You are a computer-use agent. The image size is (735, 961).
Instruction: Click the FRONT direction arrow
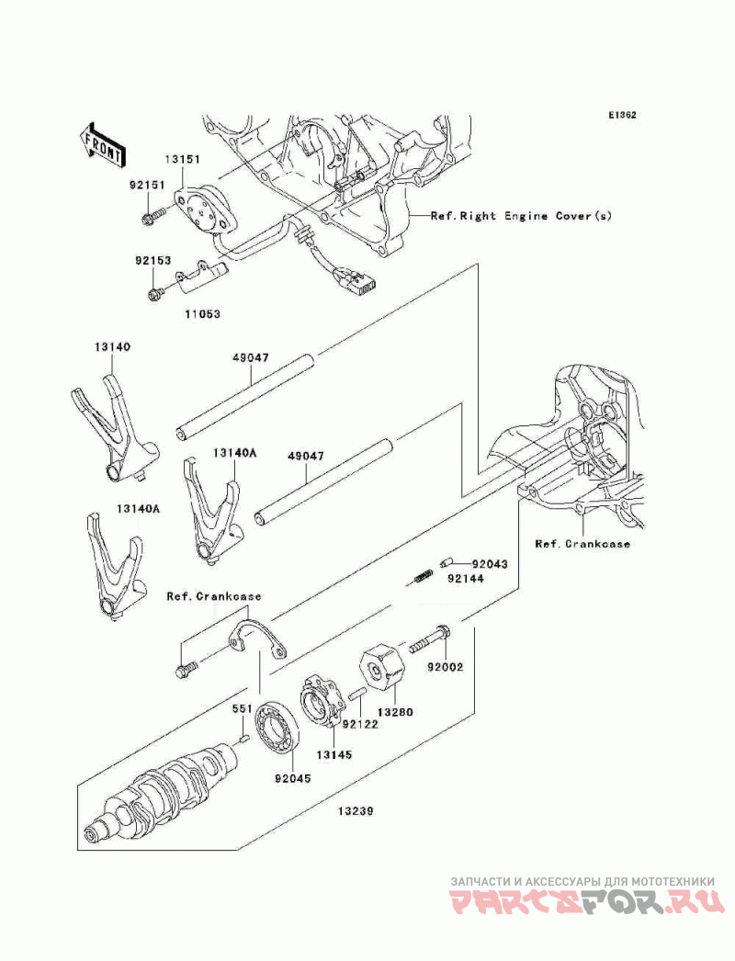tap(102, 144)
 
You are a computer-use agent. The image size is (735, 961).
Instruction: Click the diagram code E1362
tap(622, 115)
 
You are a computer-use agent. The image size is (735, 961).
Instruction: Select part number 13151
tap(181, 159)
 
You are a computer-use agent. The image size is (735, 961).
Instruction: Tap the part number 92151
tap(146, 185)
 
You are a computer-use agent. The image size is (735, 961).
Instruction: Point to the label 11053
tap(202, 314)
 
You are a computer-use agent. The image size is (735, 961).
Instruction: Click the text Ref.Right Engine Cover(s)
tap(521, 216)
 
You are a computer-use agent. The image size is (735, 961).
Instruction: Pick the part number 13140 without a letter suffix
tap(112, 347)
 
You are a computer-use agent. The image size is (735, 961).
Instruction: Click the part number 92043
tap(490, 564)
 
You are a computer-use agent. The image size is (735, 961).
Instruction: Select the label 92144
tap(465, 579)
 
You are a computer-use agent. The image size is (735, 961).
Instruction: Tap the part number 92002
tap(446, 667)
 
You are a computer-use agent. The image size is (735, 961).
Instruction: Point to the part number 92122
tap(360, 725)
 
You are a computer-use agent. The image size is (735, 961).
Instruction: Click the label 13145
tap(334, 755)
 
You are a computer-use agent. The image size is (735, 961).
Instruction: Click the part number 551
tap(243, 709)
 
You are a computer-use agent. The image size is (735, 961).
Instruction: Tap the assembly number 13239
tap(356, 811)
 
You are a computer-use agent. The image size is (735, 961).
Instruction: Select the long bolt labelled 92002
tap(430, 639)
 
